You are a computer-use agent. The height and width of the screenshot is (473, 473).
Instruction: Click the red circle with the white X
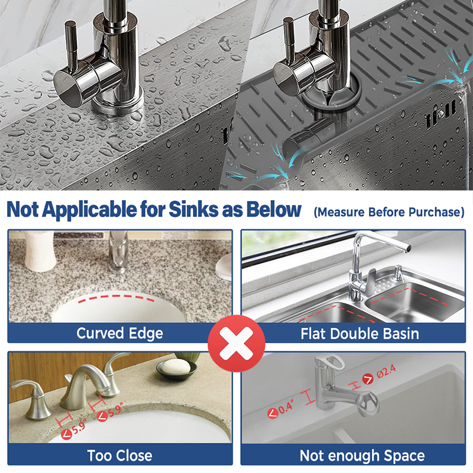tap(237, 344)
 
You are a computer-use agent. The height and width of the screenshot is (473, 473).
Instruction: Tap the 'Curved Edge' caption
tap(120, 333)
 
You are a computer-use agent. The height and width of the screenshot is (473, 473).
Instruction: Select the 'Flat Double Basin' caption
tap(359, 334)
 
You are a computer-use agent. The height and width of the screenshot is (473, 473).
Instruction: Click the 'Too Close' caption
tap(120, 455)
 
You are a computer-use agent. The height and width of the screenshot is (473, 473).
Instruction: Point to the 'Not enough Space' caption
tap(362, 455)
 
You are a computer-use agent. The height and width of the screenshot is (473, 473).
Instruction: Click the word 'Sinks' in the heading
tap(193, 209)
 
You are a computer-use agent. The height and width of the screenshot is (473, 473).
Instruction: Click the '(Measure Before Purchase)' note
tap(389, 212)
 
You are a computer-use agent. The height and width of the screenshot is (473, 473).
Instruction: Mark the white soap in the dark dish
tap(176, 367)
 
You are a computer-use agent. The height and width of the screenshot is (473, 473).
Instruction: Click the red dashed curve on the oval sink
tap(116, 298)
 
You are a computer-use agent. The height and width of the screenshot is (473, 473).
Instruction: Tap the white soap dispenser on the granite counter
tap(38, 252)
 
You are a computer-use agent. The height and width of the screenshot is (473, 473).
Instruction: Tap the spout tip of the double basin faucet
tap(407, 247)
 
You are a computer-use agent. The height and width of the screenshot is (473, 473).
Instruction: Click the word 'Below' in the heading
tap(274, 209)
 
